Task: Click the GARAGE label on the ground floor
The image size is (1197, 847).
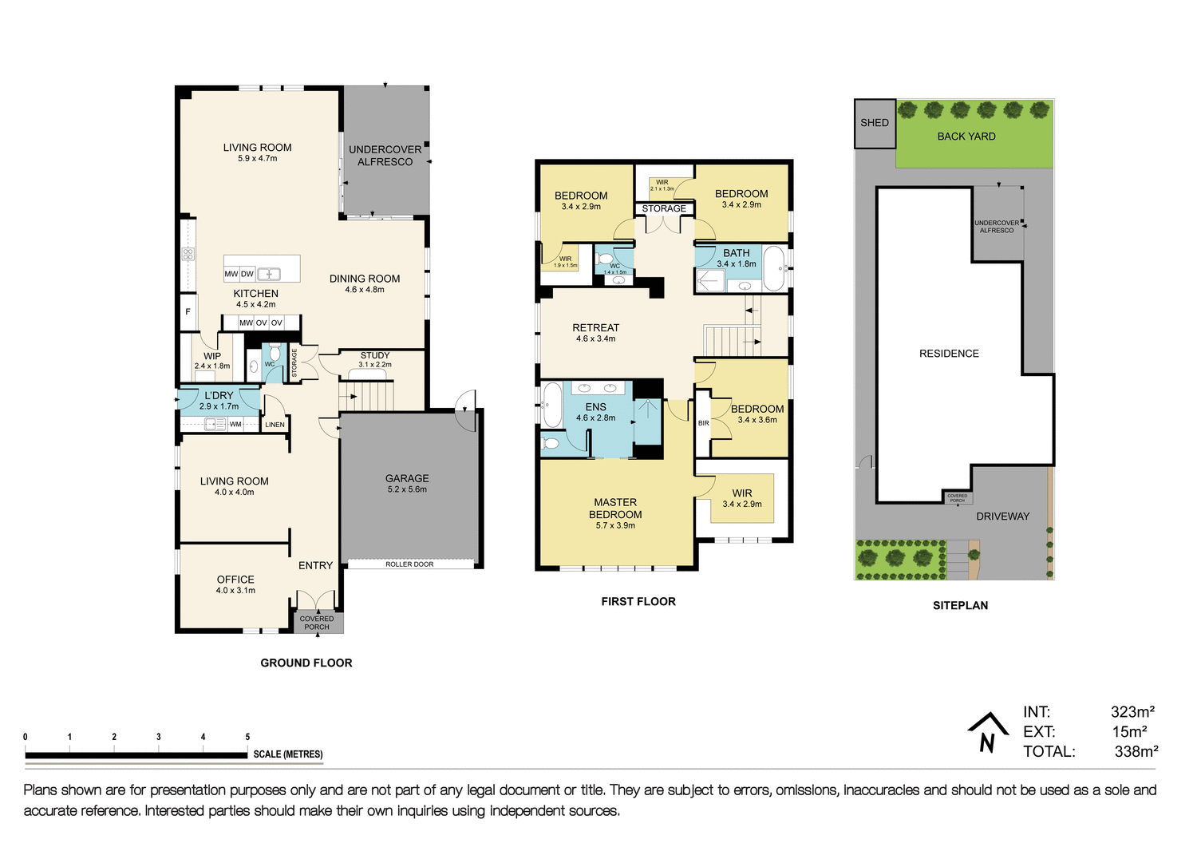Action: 407,479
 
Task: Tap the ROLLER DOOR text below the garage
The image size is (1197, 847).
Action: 409,564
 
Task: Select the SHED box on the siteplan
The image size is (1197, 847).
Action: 875,123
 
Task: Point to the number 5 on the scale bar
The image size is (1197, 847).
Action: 247,737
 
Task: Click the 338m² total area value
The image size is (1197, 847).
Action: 1136,751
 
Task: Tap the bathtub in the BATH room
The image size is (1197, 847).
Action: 773,268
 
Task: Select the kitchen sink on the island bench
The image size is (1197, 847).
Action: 269,274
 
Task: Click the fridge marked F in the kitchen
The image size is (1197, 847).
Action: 188,311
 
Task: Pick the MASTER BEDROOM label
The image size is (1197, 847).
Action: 615,509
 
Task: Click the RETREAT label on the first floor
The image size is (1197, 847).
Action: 595,328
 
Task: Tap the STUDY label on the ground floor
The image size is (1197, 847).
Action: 375,355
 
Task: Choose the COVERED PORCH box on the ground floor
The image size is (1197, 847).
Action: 317,623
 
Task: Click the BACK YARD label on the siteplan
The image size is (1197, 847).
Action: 966,137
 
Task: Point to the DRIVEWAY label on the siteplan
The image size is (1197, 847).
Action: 1002,517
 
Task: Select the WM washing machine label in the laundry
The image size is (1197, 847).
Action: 235,425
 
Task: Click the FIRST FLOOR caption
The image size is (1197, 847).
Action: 638,602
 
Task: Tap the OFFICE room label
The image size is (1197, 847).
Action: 235,580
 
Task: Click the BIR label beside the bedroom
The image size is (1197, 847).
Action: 703,423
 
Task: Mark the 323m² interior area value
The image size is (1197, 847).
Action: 1132,712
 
